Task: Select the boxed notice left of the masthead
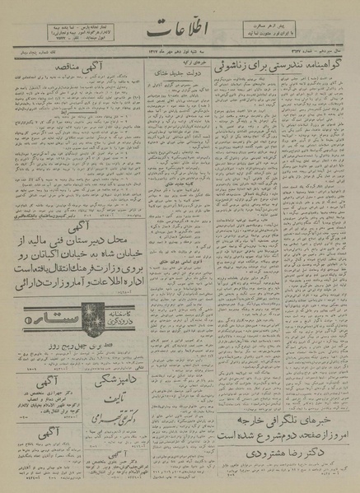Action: click(x=72, y=35)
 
